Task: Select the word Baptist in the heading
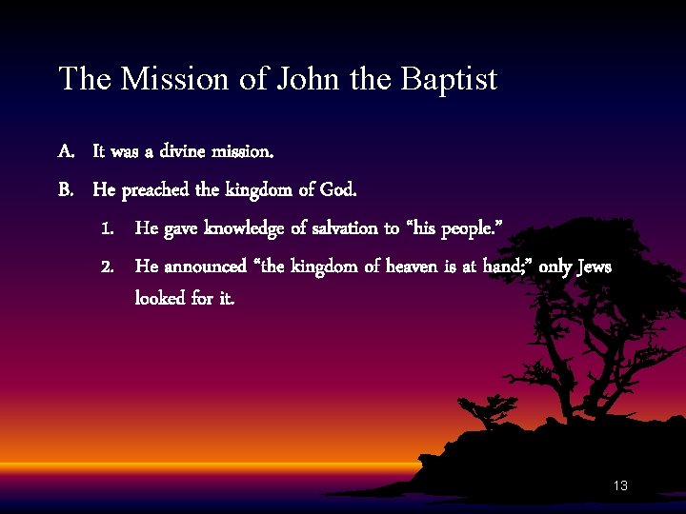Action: coord(449,79)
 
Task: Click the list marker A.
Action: coord(66,151)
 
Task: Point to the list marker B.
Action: coord(66,189)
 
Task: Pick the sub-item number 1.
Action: coord(108,228)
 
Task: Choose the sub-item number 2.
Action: coord(108,267)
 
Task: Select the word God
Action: coord(338,189)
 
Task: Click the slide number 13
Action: coord(620,486)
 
